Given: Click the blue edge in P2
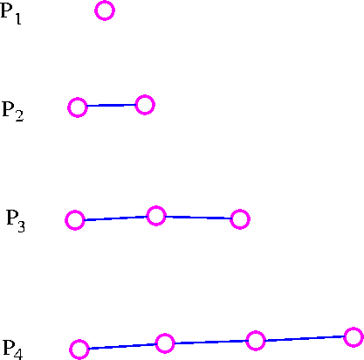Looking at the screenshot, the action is pyautogui.click(x=111, y=105).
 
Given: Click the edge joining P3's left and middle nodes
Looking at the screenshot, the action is pyautogui.click(x=115, y=218).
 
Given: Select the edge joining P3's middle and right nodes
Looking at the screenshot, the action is pyautogui.click(x=198, y=218).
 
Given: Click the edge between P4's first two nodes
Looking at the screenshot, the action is pyautogui.click(x=122, y=346).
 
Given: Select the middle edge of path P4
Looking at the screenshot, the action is pyautogui.click(x=210, y=342).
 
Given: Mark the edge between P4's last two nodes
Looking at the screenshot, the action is pyautogui.click(x=305, y=338).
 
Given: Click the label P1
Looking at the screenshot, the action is pyautogui.click(x=10, y=15).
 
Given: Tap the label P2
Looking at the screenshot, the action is pyautogui.click(x=13, y=111).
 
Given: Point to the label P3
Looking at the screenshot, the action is pyautogui.click(x=16, y=221).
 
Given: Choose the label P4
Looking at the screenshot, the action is pyautogui.click(x=12, y=350).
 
